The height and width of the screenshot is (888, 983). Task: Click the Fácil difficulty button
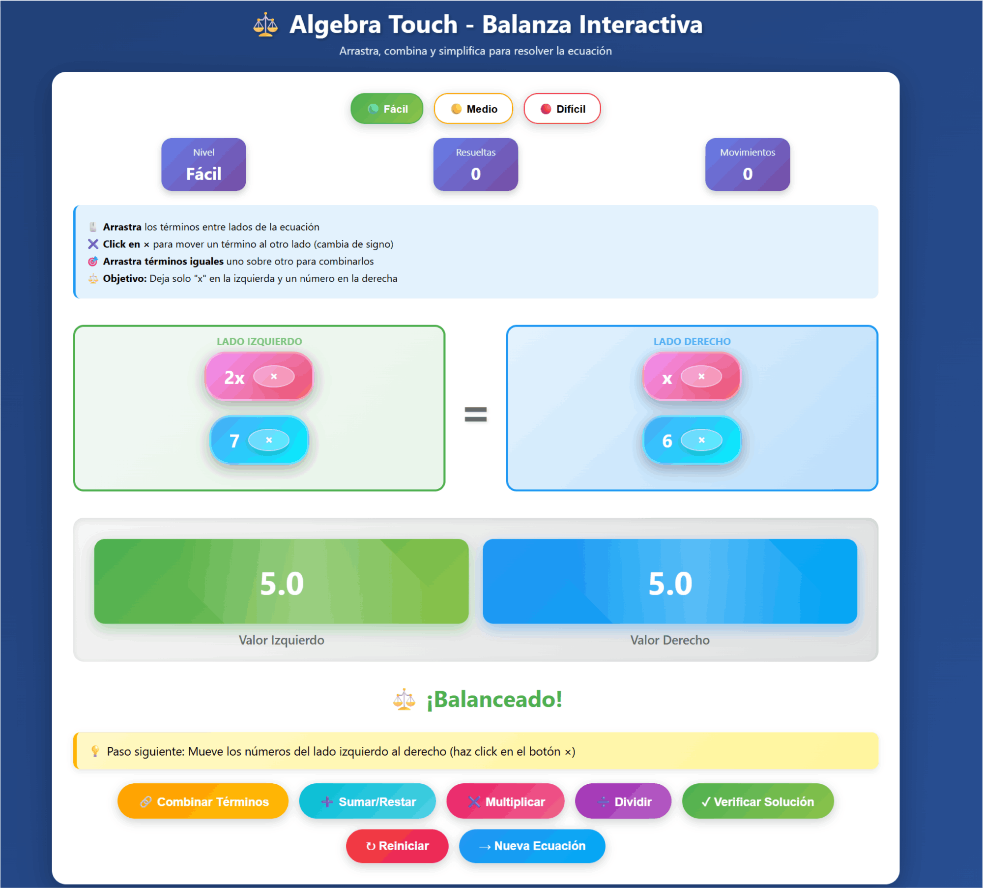click(387, 109)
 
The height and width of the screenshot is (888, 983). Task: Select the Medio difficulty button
click(473, 109)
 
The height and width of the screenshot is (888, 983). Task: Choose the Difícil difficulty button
click(562, 109)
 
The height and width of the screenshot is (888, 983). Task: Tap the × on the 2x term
click(274, 377)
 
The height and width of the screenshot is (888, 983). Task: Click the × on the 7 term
click(269, 440)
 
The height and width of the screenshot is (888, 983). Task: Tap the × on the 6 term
click(701, 440)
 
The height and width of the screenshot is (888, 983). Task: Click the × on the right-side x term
click(701, 377)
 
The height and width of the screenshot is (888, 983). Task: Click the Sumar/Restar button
click(367, 802)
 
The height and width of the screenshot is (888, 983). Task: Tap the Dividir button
click(623, 802)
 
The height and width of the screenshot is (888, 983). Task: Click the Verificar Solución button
click(757, 802)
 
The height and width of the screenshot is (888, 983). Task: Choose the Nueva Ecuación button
click(532, 846)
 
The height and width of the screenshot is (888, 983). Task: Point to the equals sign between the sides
click(475, 414)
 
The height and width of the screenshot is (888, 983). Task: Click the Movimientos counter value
click(747, 174)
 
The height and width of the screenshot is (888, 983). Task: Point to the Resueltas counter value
click(475, 174)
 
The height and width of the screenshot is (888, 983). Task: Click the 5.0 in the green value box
click(282, 584)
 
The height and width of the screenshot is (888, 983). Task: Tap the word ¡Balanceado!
click(494, 699)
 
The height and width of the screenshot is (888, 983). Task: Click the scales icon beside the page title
click(265, 25)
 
